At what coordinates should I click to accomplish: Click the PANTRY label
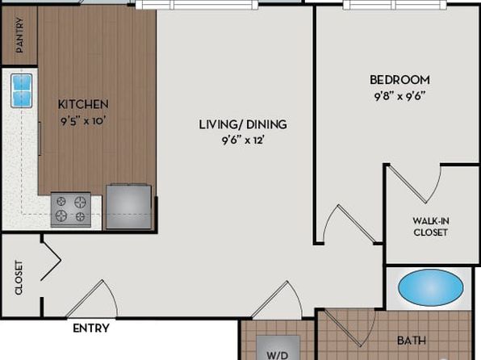click(x=19, y=35)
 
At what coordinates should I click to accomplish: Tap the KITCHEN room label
click(x=83, y=104)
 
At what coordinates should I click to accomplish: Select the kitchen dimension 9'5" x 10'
click(x=83, y=121)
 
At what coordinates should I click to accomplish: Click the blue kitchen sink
click(x=22, y=91)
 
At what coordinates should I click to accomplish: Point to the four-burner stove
click(x=71, y=210)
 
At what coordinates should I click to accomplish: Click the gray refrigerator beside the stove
click(x=129, y=207)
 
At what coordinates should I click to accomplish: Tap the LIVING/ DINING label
click(x=243, y=124)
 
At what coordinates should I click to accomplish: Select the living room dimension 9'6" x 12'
click(x=243, y=140)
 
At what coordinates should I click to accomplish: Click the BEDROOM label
click(x=399, y=80)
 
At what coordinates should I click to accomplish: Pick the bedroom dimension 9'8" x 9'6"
click(x=399, y=97)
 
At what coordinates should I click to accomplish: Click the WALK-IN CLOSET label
click(x=430, y=227)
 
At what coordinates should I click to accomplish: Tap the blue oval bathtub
click(x=431, y=287)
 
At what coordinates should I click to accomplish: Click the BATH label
click(x=412, y=341)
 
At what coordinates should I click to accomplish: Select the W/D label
click(x=278, y=355)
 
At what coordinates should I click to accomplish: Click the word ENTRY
click(x=91, y=329)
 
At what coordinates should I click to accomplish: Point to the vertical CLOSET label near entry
click(x=19, y=278)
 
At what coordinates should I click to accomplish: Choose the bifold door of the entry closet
click(x=51, y=261)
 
